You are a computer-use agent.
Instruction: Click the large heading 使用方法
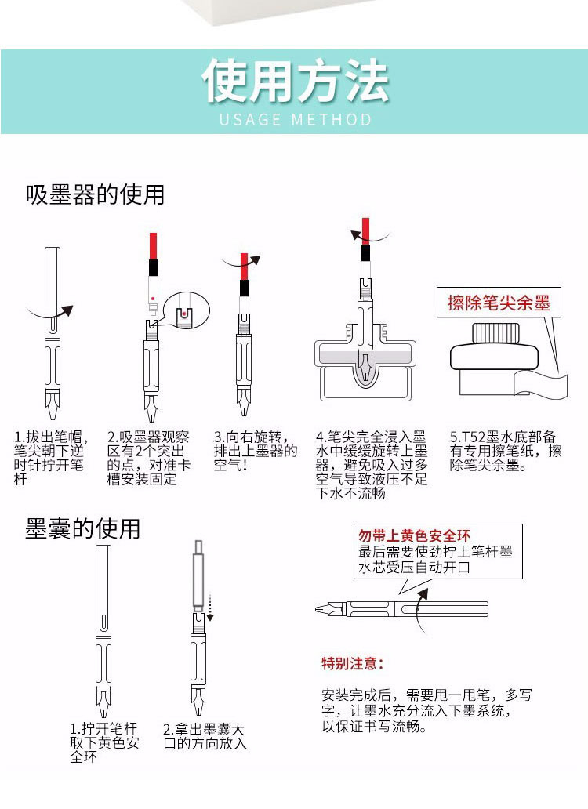[x=295, y=81]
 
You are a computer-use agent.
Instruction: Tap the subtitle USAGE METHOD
[x=295, y=120]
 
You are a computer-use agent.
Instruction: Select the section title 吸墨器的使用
[x=96, y=195]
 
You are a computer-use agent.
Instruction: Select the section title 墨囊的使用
[x=82, y=528]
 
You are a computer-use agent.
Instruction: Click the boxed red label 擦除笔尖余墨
[x=499, y=303]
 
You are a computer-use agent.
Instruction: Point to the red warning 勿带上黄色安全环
[x=414, y=535]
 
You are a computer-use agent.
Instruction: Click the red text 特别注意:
[x=352, y=663]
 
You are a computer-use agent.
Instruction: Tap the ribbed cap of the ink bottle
[x=495, y=333]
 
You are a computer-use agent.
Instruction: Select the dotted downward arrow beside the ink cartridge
[x=210, y=608]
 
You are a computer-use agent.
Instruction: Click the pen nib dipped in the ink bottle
[x=365, y=368]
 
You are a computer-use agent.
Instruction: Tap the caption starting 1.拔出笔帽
[x=49, y=458]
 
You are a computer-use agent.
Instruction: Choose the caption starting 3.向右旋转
[x=256, y=451]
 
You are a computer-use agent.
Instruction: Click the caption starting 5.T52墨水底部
[x=505, y=451]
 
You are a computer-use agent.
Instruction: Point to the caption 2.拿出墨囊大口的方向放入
[x=205, y=736]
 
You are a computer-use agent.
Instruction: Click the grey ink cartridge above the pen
[x=198, y=576]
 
